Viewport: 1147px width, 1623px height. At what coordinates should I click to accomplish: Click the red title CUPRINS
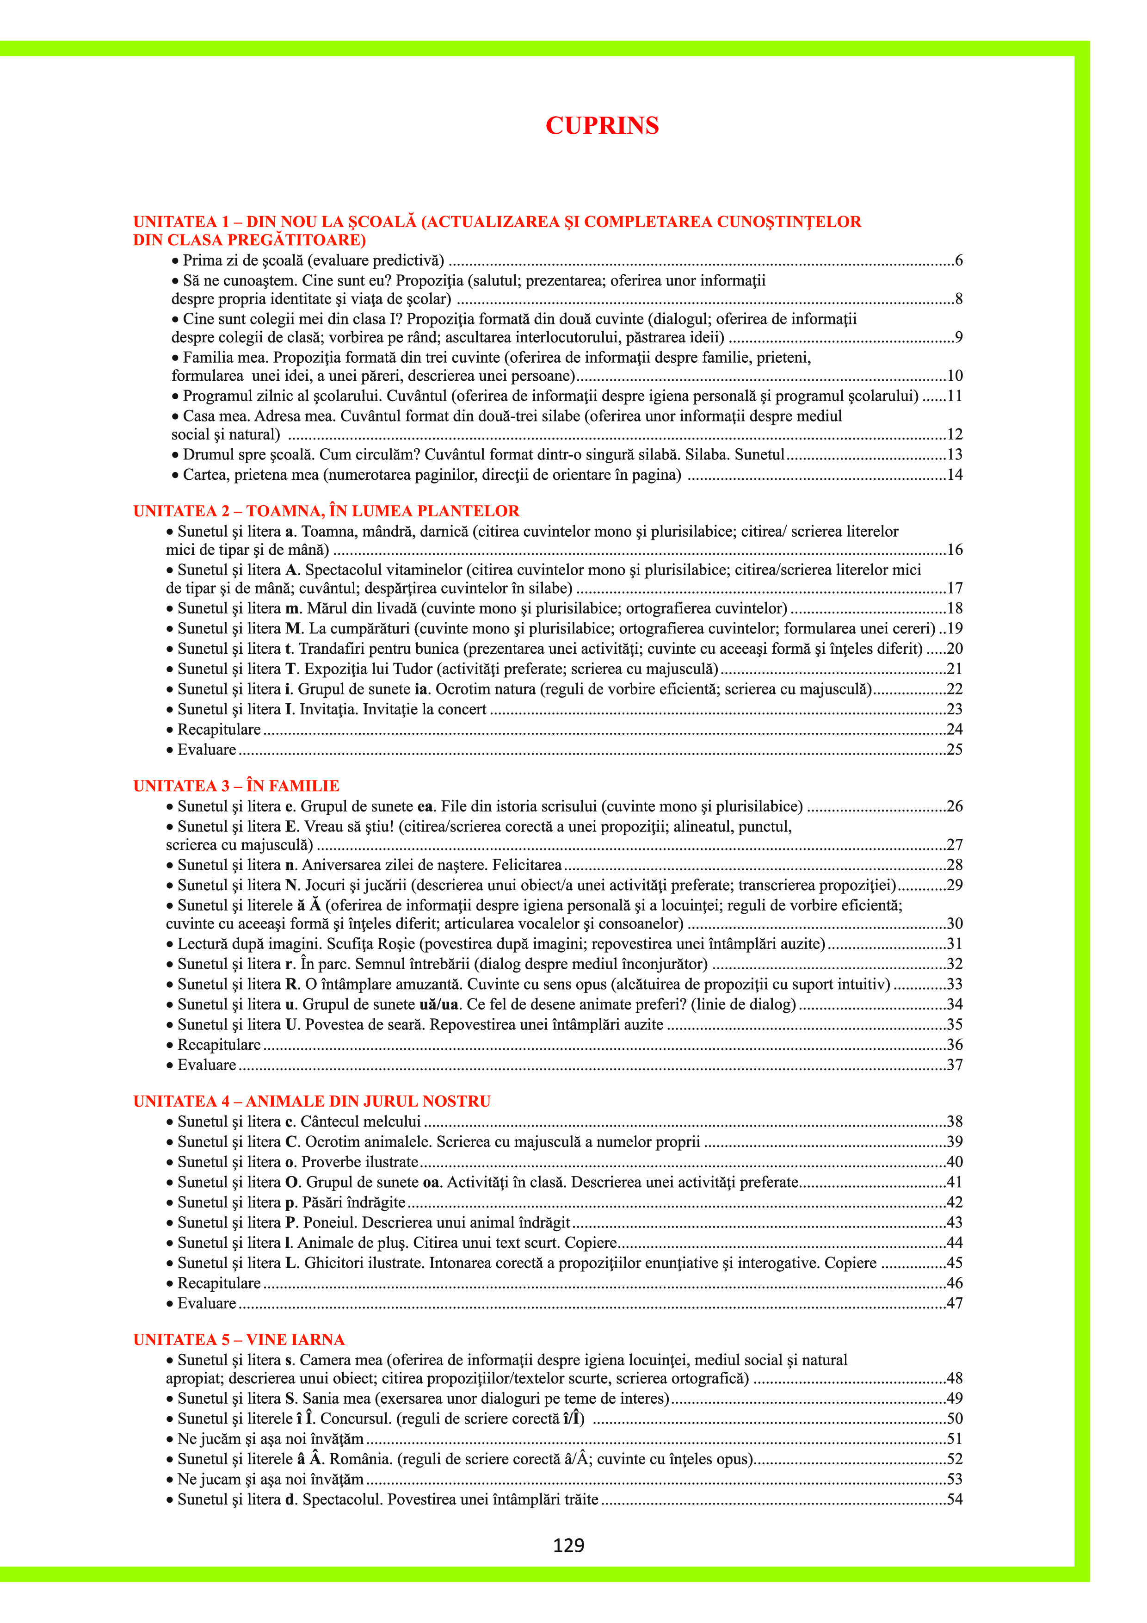click(602, 126)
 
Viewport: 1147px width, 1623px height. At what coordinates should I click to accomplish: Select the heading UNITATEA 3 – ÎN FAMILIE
click(236, 786)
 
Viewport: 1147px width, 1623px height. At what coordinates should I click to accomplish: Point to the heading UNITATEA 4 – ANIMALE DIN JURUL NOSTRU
click(312, 1101)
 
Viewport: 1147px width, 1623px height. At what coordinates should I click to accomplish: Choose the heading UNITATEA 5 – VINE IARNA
click(239, 1339)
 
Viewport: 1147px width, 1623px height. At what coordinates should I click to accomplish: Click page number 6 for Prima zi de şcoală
click(958, 261)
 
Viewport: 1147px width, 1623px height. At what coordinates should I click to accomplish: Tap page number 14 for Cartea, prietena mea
click(955, 475)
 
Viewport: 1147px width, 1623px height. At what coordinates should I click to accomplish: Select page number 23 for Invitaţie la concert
click(955, 710)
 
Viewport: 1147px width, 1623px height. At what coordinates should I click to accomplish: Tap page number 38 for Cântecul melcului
click(955, 1122)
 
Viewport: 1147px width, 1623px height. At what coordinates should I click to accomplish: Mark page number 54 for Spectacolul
click(955, 1499)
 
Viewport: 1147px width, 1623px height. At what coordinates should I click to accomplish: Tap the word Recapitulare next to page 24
click(219, 730)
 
